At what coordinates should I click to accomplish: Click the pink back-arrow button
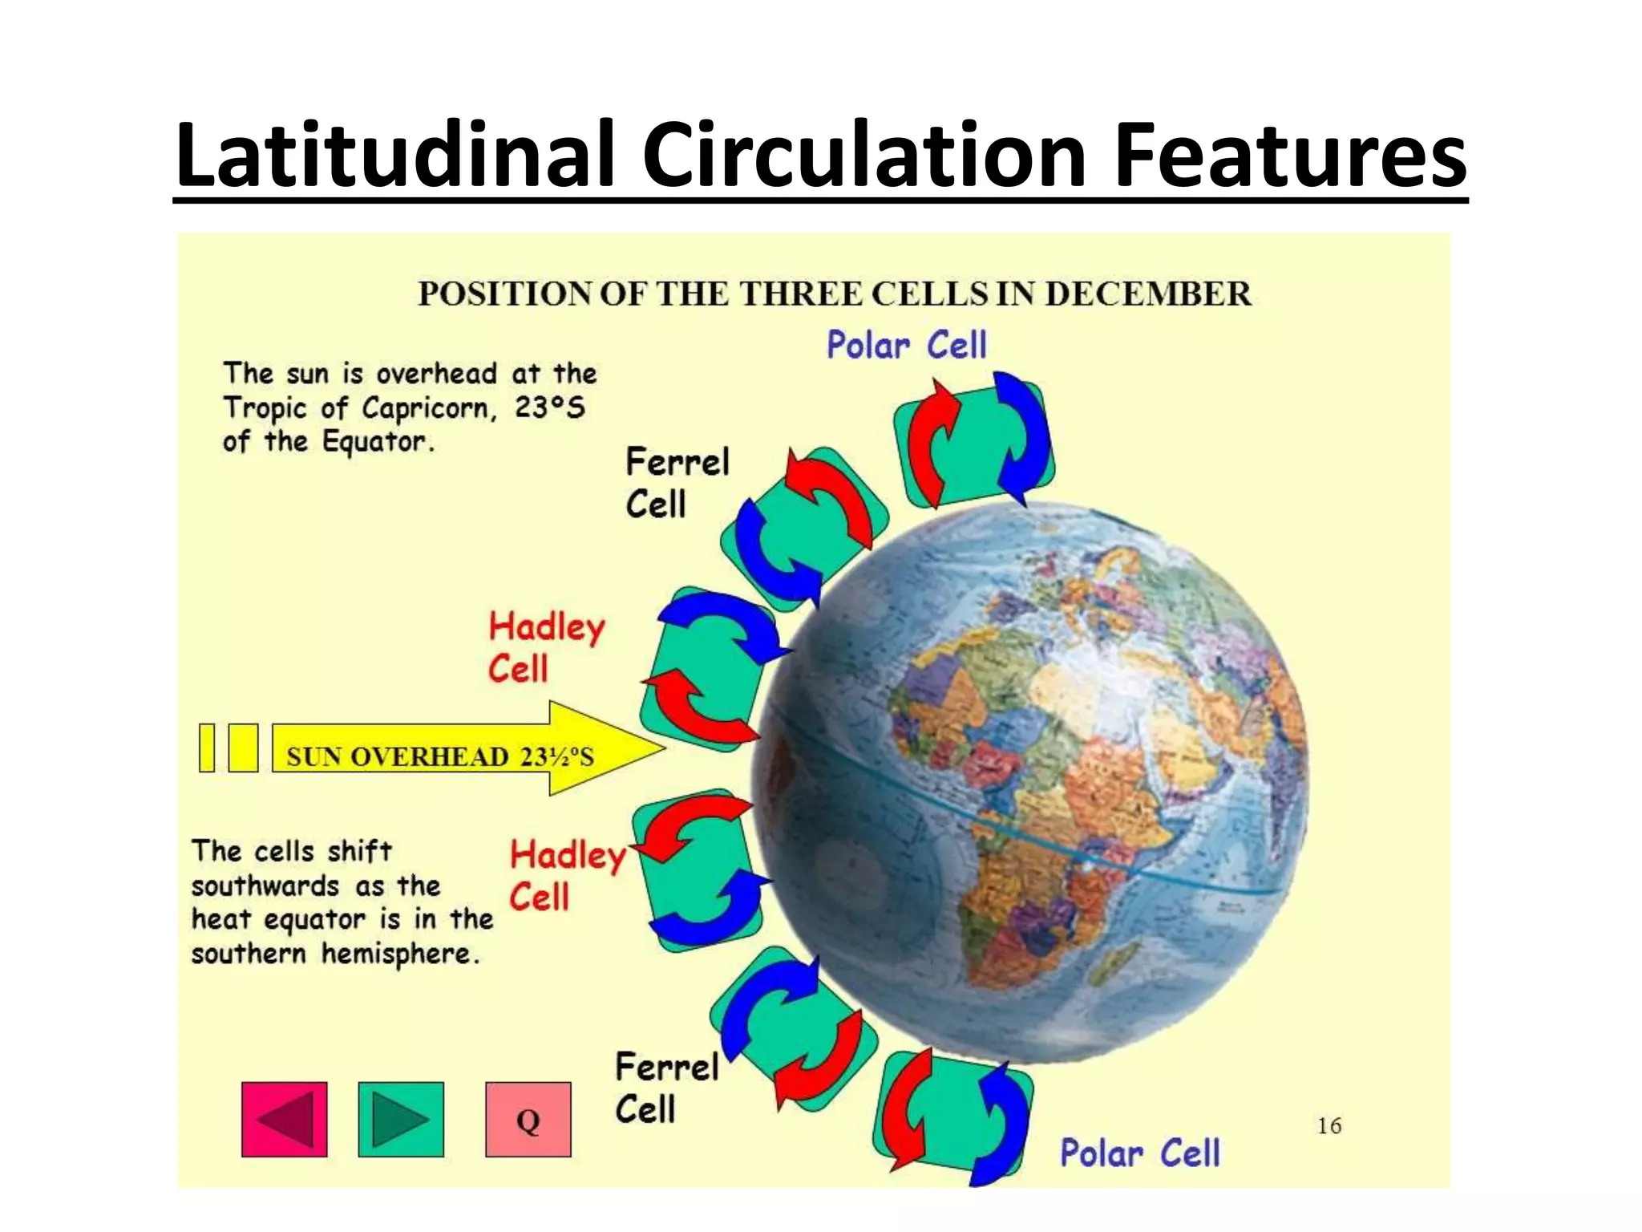[284, 1119]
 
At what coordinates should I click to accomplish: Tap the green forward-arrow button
[401, 1119]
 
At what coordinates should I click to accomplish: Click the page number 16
[1329, 1126]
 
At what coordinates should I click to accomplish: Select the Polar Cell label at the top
[906, 346]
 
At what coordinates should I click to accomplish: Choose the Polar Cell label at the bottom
[1139, 1153]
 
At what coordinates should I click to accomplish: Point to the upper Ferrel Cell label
[677, 483]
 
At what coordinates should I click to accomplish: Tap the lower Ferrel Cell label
[666, 1088]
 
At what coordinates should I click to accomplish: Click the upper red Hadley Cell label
[547, 647]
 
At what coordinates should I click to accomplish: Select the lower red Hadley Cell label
[568, 875]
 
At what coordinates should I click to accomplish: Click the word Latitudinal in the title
[395, 154]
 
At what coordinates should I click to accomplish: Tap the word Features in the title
[1290, 154]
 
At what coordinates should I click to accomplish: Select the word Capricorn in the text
[430, 408]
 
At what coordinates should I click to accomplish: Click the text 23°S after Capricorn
[549, 407]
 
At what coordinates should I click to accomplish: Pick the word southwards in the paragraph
[265, 885]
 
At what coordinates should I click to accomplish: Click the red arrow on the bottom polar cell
[908, 1110]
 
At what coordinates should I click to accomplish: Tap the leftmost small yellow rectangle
[207, 748]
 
